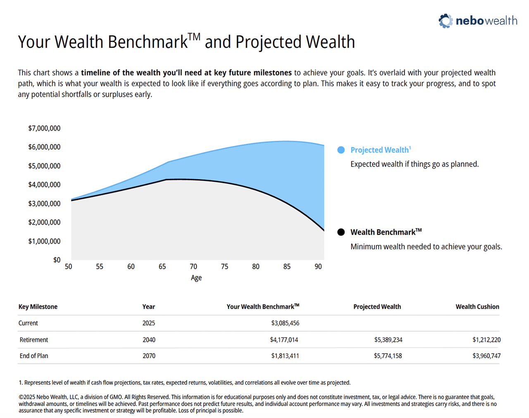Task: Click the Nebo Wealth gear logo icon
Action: pos(445,21)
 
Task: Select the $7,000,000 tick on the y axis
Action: pos(44,128)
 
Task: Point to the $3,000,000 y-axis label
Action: pos(44,204)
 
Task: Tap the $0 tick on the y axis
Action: pos(57,260)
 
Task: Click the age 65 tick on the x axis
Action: pos(162,267)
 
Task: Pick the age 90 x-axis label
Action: pos(318,267)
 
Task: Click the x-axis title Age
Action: pos(196,278)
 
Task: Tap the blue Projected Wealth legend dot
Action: pos(341,150)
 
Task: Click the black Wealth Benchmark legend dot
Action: pos(341,232)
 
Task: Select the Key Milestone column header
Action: pos(38,307)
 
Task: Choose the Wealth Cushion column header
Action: pos(477,307)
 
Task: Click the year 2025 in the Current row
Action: pos(149,323)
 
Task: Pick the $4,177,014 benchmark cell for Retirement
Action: pos(284,340)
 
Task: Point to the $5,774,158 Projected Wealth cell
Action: pos(388,356)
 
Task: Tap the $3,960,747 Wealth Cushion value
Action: pos(486,356)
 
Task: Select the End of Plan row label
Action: pos(34,356)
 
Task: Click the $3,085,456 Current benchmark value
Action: pos(285,323)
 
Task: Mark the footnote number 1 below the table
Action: pos(20,383)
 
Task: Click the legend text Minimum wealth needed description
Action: pos(426,247)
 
